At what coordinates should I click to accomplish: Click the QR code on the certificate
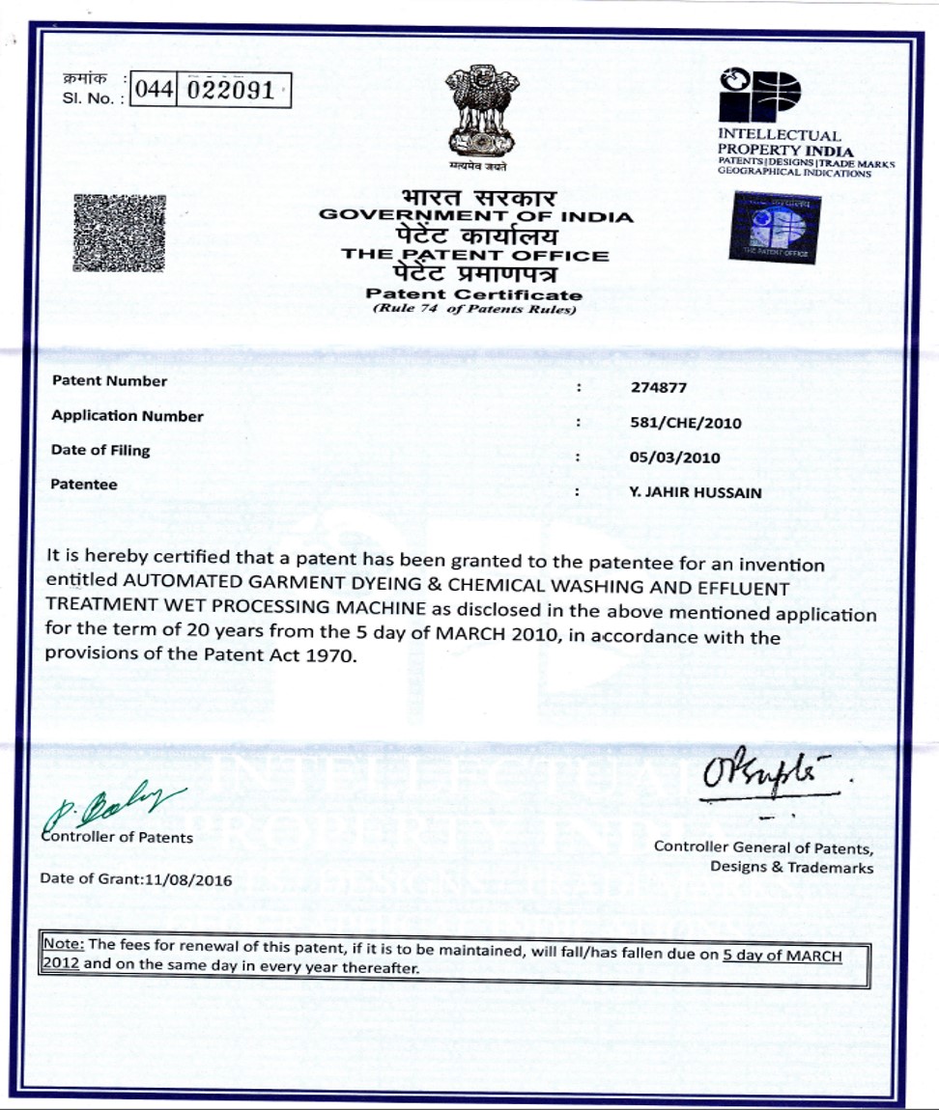[x=119, y=233]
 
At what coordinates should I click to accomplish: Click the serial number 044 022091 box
[x=211, y=92]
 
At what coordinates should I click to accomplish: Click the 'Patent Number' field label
[x=109, y=381]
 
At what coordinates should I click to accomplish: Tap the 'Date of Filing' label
[x=100, y=450]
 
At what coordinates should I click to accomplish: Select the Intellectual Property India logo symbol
[x=759, y=95]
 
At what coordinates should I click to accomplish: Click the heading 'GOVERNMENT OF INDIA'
[x=476, y=216]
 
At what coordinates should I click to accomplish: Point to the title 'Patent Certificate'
[x=474, y=294]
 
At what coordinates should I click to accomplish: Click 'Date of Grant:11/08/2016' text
[x=135, y=879]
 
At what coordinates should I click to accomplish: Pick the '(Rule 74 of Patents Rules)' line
[x=474, y=310]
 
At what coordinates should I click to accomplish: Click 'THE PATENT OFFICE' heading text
[x=475, y=256]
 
